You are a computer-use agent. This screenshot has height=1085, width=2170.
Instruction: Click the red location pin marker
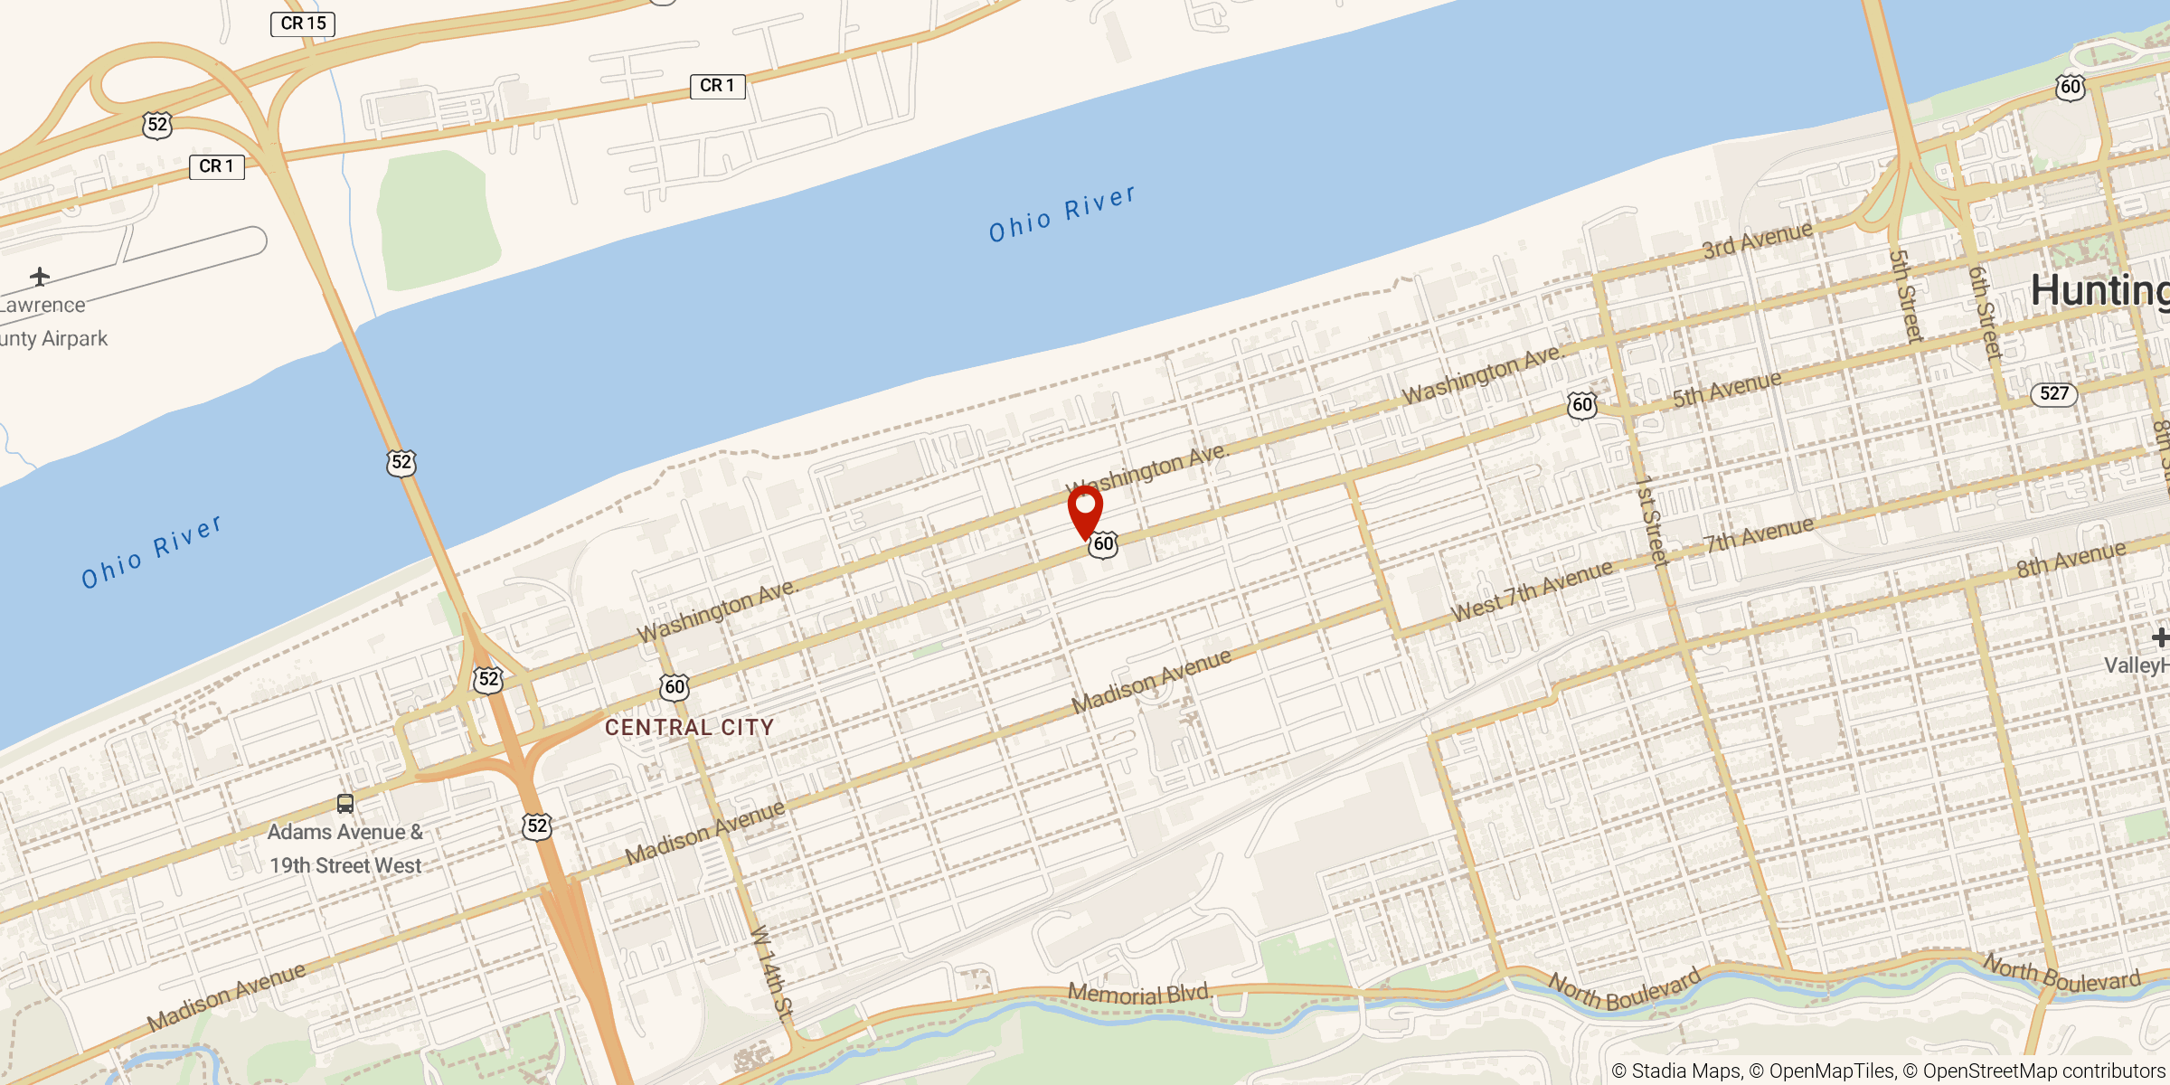point(1085,509)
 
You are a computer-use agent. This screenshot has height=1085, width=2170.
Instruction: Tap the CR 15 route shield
point(303,24)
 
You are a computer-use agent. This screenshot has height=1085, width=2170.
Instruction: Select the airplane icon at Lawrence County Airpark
point(39,276)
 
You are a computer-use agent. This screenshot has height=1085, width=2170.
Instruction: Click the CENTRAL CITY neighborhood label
point(689,728)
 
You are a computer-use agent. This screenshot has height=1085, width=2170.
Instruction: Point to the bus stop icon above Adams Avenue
point(345,803)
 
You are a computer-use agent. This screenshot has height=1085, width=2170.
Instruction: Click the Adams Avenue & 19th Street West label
point(345,849)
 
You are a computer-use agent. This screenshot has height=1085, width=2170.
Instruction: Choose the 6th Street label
point(1985,313)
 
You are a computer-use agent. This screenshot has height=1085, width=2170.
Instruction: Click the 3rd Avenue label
point(1757,240)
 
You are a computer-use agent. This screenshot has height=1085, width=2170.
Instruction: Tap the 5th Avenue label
point(1726,388)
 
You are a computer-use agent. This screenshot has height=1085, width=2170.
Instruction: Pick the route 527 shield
point(2054,393)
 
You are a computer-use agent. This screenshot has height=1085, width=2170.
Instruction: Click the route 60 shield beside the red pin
point(1104,544)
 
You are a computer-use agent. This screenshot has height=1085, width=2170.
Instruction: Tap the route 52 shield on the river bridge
point(401,463)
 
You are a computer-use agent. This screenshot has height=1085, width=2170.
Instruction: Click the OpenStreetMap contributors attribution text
point(2043,1071)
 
